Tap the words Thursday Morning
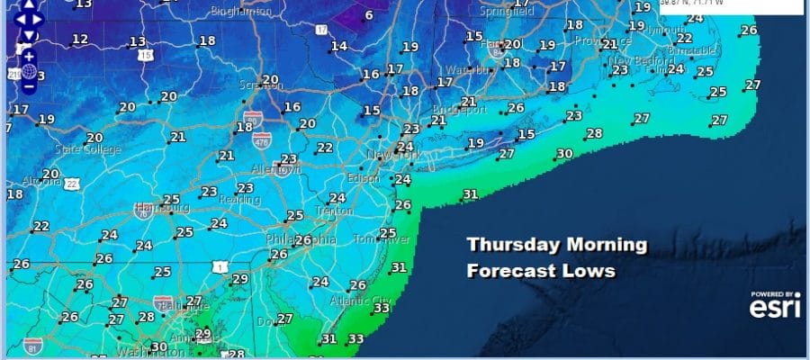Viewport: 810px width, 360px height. tap(557, 245)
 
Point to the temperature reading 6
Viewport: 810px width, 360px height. tap(368, 15)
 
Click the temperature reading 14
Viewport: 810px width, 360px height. tap(338, 47)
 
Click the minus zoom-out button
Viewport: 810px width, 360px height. tap(29, 87)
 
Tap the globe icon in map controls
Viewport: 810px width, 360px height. tap(29, 71)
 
